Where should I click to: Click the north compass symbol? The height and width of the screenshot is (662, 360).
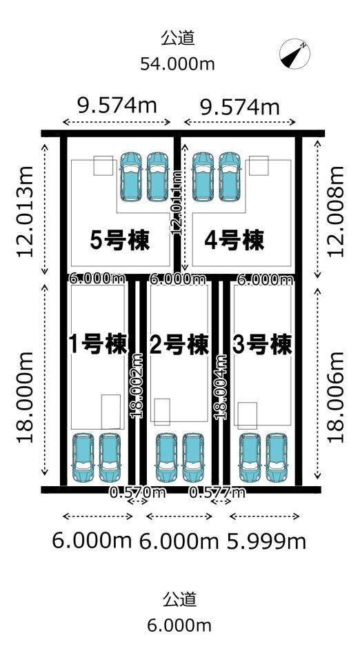[294, 54]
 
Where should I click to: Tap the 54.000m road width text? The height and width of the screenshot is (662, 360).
[178, 64]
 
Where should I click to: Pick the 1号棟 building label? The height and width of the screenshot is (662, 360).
[98, 343]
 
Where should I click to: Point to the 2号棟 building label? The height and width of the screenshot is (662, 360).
[179, 343]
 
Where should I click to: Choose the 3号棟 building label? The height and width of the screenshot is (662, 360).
[261, 343]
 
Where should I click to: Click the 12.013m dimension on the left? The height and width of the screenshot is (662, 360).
[26, 211]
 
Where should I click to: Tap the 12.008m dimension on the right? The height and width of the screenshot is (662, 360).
[336, 211]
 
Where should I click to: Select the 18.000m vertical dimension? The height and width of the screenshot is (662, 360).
[26, 398]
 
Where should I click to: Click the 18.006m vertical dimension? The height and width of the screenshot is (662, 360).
[336, 398]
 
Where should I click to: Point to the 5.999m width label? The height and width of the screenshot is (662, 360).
[267, 541]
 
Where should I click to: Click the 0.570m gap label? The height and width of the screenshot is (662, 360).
[138, 492]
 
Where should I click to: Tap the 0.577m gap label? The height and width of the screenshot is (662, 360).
[217, 492]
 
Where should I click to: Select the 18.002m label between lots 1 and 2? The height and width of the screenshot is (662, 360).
[137, 386]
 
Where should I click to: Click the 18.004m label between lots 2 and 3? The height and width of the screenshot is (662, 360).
[221, 386]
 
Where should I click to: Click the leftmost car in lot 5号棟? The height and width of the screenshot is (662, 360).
[131, 176]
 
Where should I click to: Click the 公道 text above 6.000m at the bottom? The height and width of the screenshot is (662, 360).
[179, 599]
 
